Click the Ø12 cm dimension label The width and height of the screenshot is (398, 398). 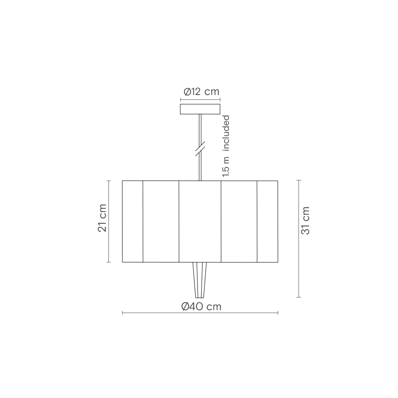tap(201, 92)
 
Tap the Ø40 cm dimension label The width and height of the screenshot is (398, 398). tap(201, 307)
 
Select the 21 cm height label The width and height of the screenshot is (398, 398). tap(102, 218)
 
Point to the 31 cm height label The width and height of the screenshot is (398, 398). tap(305, 220)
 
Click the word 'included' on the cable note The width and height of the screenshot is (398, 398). tap(226, 133)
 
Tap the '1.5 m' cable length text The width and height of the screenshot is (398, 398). tap(226, 167)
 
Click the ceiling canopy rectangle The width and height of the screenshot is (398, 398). tap(200, 109)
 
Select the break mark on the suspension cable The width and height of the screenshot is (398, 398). tap(200, 149)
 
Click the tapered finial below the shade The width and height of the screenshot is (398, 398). tap(199, 280)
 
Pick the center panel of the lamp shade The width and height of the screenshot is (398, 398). tap(200, 221)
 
